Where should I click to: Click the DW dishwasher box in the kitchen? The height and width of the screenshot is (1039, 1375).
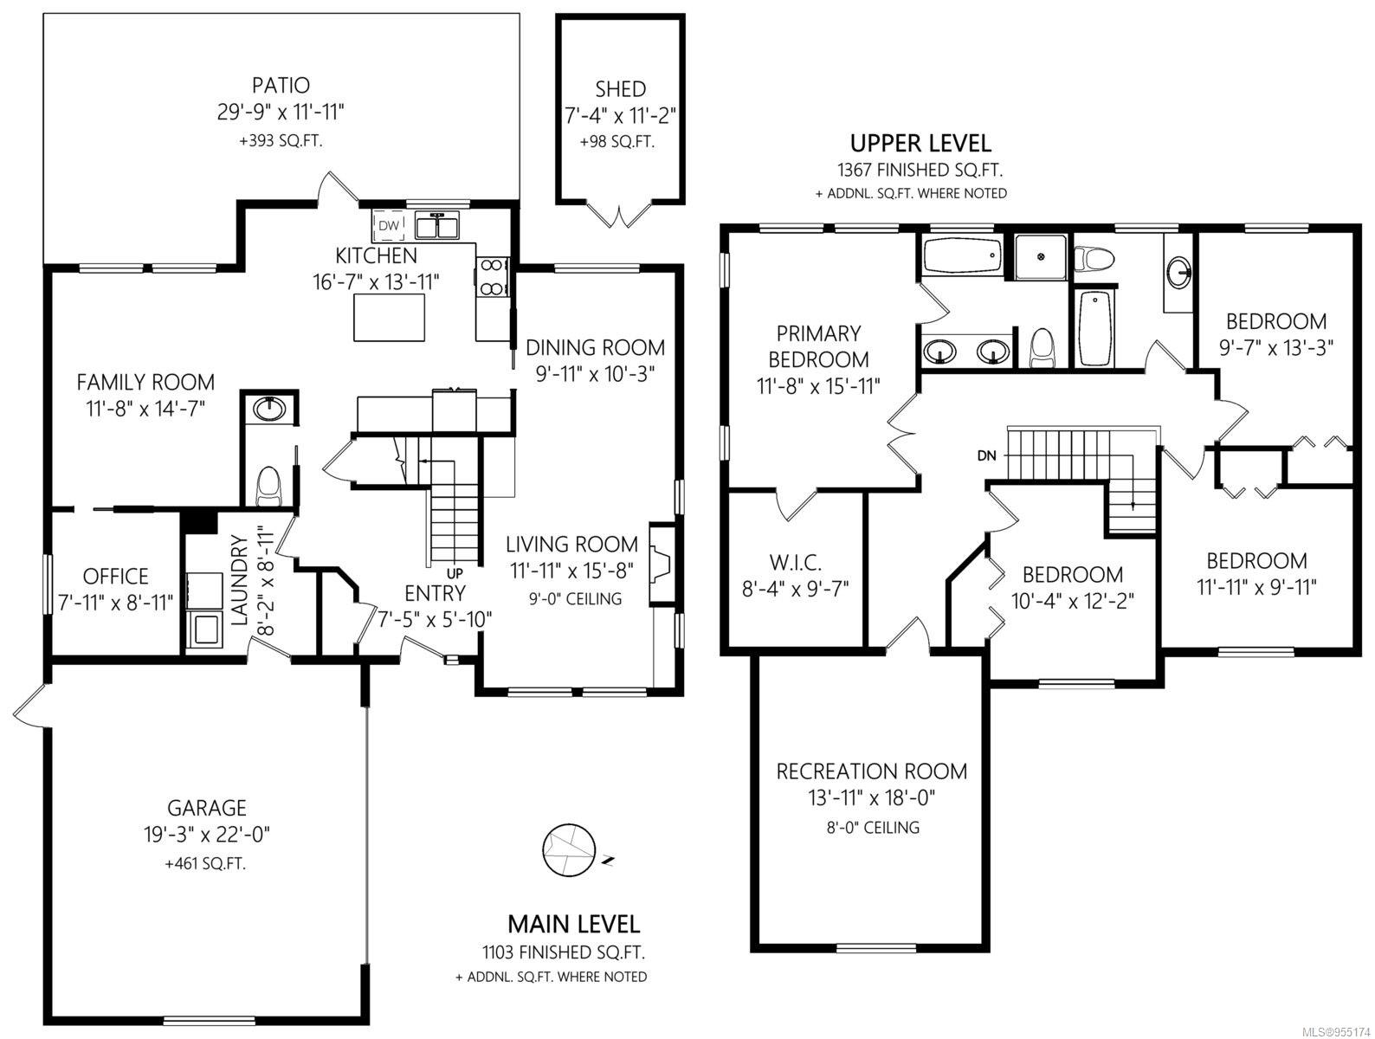coord(389,225)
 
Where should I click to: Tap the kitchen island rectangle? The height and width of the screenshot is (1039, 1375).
coord(389,317)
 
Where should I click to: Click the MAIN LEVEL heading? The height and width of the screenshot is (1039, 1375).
coord(574,925)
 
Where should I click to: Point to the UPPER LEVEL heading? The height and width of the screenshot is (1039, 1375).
coord(920,144)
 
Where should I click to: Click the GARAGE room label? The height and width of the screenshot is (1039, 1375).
coord(207,808)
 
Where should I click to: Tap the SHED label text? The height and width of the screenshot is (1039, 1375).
coord(620,89)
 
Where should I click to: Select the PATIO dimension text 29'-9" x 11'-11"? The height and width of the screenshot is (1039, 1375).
coord(281,112)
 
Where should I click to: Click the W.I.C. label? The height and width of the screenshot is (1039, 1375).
coord(795,563)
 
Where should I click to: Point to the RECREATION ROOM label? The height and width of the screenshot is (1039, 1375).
coord(871,771)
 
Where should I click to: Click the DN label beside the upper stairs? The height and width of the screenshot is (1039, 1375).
coord(986,456)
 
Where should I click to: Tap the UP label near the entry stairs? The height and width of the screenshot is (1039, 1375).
coord(455,572)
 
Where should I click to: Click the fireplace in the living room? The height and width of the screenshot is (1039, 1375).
coord(662,565)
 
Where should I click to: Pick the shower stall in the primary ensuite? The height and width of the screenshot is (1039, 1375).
coord(1041,257)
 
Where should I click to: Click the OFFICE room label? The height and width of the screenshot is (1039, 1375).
coord(116,576)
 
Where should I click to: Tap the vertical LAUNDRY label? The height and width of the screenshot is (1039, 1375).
coord(241,579)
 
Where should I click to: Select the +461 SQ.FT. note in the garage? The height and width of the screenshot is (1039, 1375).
coord(205,863)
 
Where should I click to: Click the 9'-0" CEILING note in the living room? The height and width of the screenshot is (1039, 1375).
coord(575,599)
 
